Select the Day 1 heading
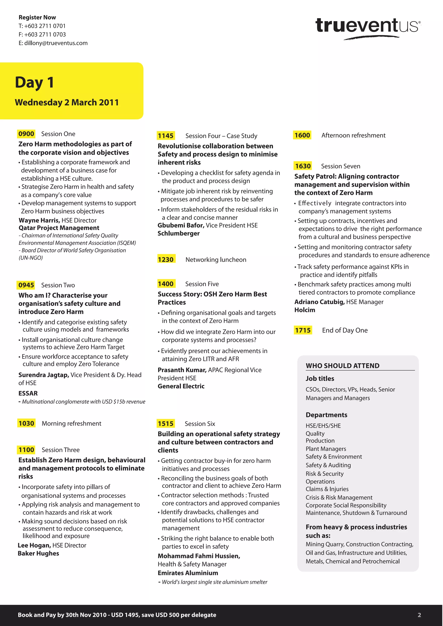[34, 82]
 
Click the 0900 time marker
[26, 134]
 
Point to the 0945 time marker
[26, 285]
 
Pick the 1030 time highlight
[26, 424]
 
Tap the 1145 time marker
[166, 136]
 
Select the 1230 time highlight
[166, 260]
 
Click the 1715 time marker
[303, 330]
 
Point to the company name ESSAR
[28, 393]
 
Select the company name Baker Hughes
[39, 553]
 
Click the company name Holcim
[305, 310]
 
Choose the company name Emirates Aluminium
[188, 573]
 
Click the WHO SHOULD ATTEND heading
[343, 366]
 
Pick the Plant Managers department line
[326, 449]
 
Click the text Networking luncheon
[216, 260]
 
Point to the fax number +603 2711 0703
[45, 35]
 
